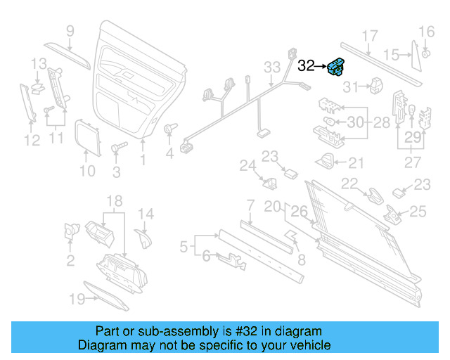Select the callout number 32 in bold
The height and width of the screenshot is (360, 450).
(x=307, y=67)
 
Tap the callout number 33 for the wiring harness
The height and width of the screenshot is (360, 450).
(x=272, y=67)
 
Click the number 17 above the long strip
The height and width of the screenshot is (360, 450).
(x=370, y=36)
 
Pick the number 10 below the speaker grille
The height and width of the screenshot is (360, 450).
(x=86, y=170)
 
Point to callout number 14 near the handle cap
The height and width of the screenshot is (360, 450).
(x=145, y=214)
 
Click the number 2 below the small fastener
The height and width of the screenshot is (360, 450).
(x=70, y=262)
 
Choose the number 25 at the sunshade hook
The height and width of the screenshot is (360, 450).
(x=418, y=210)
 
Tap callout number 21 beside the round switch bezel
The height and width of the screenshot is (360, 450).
(x=356, y=163)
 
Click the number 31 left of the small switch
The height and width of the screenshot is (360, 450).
(x=351, y=87)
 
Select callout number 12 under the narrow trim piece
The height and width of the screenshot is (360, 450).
(x=32, y=141)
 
